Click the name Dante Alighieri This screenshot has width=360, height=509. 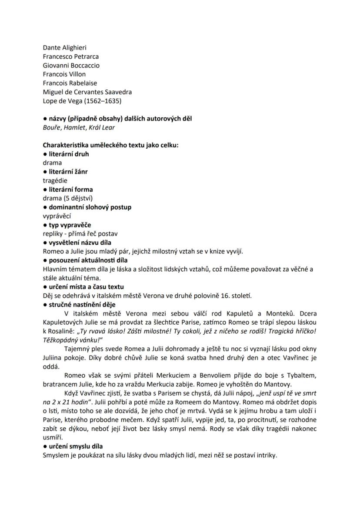click(x=64, y=48)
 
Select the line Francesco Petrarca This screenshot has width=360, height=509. click(x=70, y=57)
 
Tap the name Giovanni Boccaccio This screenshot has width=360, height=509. click(x=71, y=66)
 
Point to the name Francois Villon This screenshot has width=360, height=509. click(x=64, y=74)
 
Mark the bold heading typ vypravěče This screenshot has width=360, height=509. click(x=70, y=225)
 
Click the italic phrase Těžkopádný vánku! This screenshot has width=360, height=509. click(x=71, y=340)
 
